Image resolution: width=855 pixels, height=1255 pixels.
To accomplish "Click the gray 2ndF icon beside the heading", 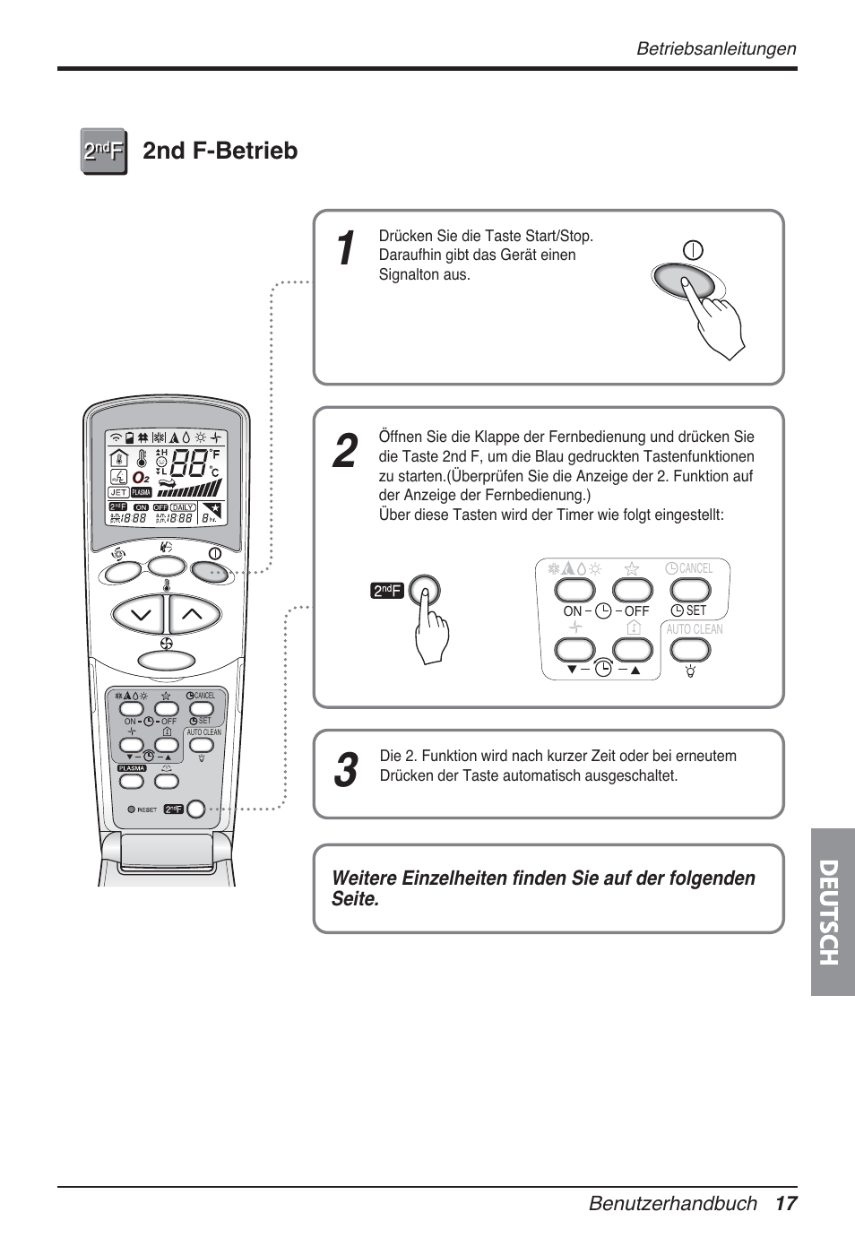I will [104, 151].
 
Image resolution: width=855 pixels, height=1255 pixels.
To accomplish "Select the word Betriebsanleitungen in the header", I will [715, 48].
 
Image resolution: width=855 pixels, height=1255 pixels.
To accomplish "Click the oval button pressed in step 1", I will [683, 281].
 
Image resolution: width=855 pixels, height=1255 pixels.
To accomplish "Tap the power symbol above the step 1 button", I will [693, 250].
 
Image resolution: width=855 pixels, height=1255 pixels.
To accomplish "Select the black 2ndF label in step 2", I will [387, 590].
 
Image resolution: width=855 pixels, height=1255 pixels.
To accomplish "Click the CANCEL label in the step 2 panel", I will [695, 568].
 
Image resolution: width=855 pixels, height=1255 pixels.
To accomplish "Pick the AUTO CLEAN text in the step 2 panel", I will [694, 629].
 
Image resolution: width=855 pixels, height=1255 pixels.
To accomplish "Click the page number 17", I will [785, 1203].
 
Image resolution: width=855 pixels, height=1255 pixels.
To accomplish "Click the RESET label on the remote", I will [147, 809].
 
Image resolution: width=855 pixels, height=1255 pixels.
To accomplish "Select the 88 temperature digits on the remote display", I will [188, 463].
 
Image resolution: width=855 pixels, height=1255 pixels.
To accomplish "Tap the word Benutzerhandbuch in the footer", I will [672, 1203].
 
